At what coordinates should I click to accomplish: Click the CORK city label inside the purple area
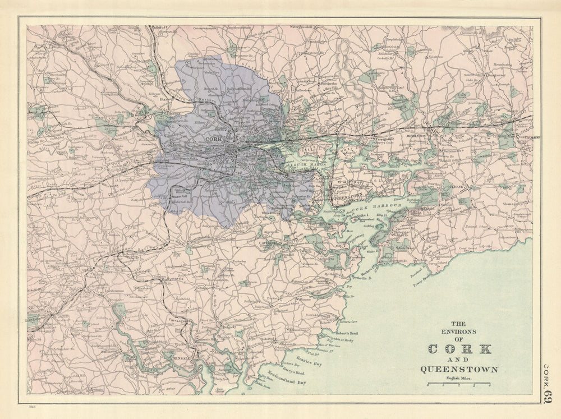(x=214, y=139)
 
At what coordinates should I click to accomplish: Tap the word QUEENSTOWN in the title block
(x=458, y=369)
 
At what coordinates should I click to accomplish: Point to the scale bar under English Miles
(x=458, y=384)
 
